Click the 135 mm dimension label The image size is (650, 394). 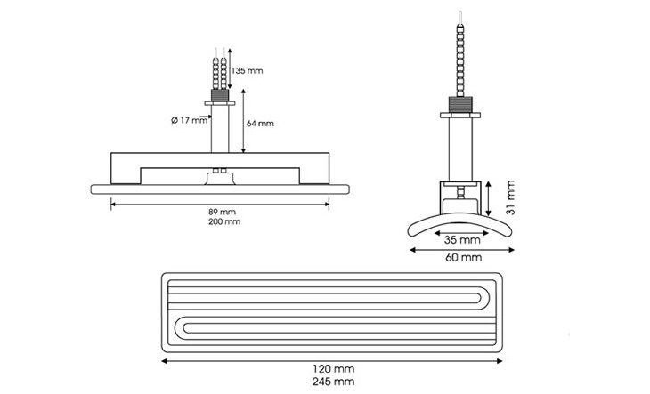247,71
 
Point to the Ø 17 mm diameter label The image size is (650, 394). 189,120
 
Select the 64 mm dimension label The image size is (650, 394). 260,124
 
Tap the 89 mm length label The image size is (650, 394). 222,212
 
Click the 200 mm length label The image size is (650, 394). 224,221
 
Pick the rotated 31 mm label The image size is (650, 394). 511,197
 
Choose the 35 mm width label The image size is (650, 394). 462,240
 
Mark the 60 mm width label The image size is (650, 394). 463,258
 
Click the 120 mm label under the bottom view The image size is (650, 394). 333,369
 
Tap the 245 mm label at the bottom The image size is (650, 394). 333,382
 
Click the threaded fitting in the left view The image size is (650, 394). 220,95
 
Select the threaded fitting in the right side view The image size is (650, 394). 460,104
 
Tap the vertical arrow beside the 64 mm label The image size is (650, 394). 243,121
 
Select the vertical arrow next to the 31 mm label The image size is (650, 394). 489,198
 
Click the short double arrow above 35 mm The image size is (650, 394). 461,233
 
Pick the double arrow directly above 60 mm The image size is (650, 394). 462,250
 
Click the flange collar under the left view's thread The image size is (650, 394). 220,103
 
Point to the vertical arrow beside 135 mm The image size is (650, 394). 230,68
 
